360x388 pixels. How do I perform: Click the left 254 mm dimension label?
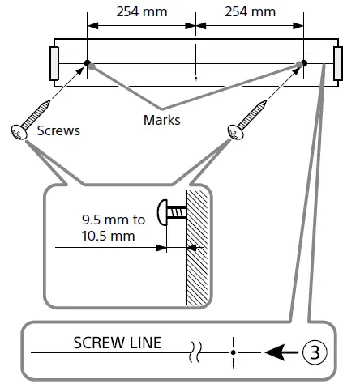[142, 12]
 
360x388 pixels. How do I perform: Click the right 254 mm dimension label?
[250, 12]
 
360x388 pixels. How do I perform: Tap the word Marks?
[162, 120]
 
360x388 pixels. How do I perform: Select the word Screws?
[58, 130]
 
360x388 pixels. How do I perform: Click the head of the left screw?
[19, 132]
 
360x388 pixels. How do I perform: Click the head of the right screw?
[235, 132]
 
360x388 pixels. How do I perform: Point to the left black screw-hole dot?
[87, 63]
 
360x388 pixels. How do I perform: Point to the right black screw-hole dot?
[304, 63]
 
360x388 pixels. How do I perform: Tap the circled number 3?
[315, 352]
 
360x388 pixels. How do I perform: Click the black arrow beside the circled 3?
[282, 352]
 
